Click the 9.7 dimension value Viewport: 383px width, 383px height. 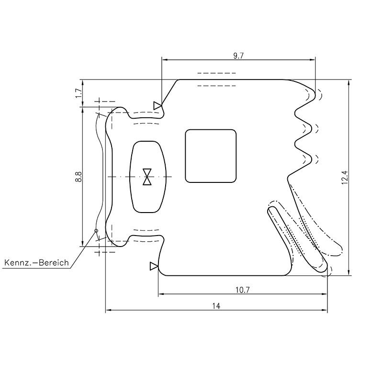(238, 56)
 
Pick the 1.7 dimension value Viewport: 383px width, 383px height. (79, 93)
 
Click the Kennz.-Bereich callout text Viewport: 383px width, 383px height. (36, 263)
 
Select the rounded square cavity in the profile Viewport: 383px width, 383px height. (211, 156)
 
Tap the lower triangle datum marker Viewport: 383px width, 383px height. (154, 266)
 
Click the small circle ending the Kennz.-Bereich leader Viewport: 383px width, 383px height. (96, 231)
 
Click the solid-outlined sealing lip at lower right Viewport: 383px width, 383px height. (297, 239)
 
